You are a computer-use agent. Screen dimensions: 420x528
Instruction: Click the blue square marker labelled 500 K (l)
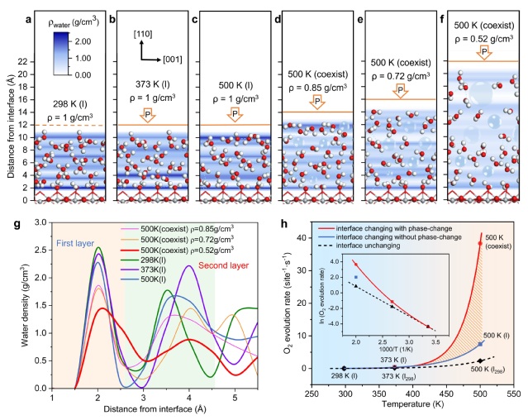pos(481,344)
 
